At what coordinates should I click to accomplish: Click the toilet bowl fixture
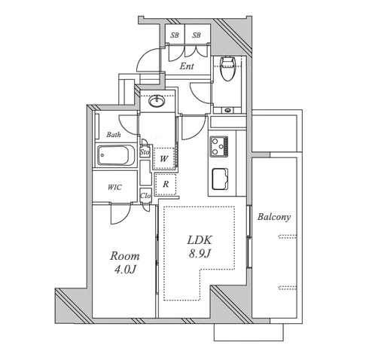(227, 69)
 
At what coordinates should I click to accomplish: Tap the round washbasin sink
(157, 101)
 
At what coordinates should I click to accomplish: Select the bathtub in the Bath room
(113, 155)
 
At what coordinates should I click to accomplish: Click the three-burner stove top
(219, 146)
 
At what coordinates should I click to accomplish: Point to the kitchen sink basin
(220, 178)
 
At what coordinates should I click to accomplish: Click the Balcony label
(274, 217)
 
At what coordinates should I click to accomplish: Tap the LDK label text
(200, 240)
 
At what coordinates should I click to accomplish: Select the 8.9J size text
(200, 254)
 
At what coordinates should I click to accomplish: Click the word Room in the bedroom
(125, 256)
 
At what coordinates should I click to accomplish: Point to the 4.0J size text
(125, 270)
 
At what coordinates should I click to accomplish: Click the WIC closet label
(114, 188)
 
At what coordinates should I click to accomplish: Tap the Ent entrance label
(187, 66)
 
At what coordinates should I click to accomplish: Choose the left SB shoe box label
(175, 35)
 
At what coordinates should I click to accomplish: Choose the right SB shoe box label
(197, 35)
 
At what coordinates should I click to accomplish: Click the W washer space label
(164, 159)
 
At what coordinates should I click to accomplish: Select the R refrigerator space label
(166, 185)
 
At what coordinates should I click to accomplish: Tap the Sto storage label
(145, 152)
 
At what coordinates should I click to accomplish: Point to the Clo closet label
(145, 196)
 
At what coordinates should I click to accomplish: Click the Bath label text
(114, 135)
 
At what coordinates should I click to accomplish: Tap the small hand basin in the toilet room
(227, 110)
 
